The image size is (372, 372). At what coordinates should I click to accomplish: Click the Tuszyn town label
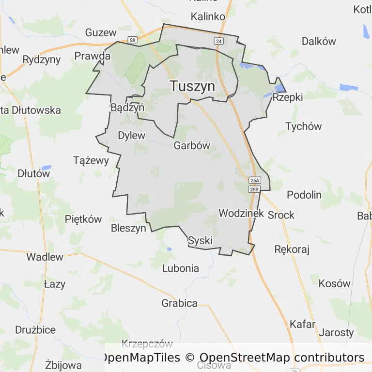pos(192,86)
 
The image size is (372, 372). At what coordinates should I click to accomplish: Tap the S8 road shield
pos(132,40)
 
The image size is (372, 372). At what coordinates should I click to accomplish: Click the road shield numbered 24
pos(219,42)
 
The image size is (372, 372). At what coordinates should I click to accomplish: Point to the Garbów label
pos(192,145)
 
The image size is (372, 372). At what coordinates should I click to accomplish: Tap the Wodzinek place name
pos(241,213)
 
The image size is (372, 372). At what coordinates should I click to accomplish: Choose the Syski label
pos(200,241)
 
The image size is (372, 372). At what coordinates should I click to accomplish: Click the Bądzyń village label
pos(127,108)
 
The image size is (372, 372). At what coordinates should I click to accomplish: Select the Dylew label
pos(132,136)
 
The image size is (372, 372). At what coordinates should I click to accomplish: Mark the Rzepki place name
pos(288,97)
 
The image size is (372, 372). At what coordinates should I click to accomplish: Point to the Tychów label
pos(303,126)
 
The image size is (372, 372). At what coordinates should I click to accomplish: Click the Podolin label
pos(304,195)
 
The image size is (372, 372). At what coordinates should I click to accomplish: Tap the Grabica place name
pos(179,303)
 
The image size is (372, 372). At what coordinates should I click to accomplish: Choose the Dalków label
pos(319,41)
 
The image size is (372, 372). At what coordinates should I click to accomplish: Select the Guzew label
pos(101,32)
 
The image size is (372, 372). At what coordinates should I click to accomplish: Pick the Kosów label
pos(334,283)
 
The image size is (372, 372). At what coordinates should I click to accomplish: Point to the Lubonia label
pos(180,268)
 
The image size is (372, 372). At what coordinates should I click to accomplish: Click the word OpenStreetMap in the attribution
pos(245,358)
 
